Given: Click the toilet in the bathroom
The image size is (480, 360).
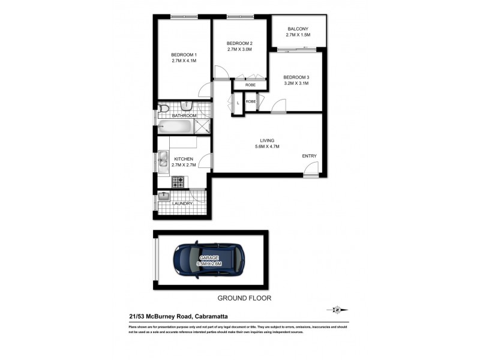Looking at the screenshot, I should tap(163, 109).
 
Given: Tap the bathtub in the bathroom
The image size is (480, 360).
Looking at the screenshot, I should tap(175, 127).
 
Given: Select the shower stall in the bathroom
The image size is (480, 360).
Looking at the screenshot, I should tap(203, 126).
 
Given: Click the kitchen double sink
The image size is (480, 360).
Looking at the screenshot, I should tap(163, 160).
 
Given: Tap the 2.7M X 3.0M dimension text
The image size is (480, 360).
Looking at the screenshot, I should tap(239, 50).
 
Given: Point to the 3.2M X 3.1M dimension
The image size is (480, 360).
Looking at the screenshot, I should tap(296, 83).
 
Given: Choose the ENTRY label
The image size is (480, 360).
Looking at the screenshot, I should tap(309, 157).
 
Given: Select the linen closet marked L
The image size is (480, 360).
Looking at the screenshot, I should tap(238, 103).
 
